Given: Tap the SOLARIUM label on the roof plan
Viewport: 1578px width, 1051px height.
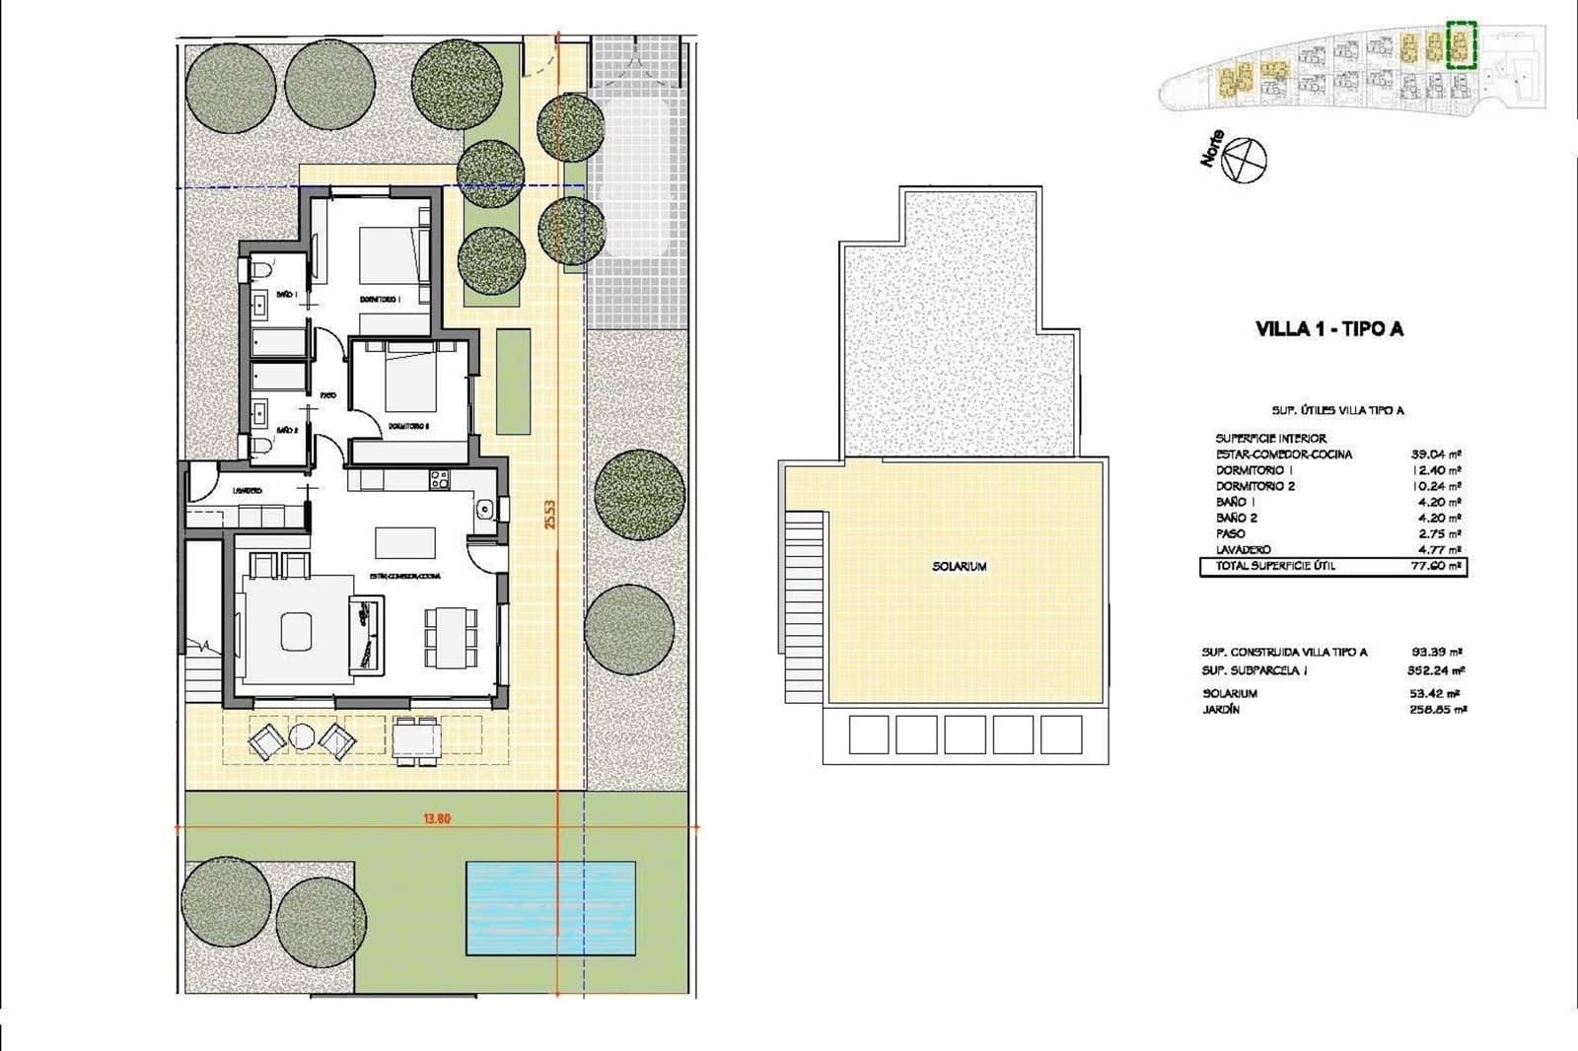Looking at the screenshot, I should [x=959, y=567].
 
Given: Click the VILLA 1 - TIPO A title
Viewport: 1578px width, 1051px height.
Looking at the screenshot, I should [x=1328, y=329].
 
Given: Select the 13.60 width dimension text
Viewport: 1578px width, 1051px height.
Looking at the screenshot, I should [x=436, y=818].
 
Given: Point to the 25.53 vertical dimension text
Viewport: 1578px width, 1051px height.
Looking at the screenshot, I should [x=550, y=514].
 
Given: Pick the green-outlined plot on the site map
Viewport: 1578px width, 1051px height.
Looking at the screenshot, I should [x=1461, y=44].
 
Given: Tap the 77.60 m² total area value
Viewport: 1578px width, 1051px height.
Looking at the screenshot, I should [x=1436, y=567].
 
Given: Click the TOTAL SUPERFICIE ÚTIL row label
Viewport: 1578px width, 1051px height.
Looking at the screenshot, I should [x=1275, y=566].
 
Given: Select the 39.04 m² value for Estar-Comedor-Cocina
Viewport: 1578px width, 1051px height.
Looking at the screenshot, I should [x=1436, y=455].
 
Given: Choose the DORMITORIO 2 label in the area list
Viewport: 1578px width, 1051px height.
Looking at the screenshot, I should [x=1255, y=486].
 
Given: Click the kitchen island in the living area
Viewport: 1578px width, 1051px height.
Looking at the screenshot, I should [x=405, y=541].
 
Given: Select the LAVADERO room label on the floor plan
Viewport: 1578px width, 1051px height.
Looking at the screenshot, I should [x=247, y=490].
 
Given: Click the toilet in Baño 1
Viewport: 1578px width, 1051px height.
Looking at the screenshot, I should [x=258, y=269].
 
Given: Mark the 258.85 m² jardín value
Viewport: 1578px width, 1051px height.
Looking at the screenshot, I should [x=1436, y=709].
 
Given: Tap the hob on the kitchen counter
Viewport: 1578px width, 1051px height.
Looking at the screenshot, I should [x=439, y=480].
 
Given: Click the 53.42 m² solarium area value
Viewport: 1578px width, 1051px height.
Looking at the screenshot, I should [x=1436, y=693].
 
